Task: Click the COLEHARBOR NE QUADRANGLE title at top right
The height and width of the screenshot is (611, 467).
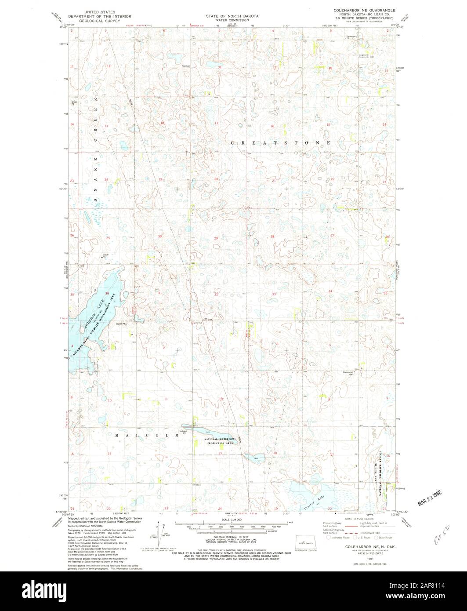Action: click(364, 10)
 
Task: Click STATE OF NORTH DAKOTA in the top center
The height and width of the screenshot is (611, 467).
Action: click(233, 15)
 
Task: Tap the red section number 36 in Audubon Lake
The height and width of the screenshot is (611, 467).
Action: click(107, 293)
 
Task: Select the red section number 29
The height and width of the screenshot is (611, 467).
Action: click(216, 238)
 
